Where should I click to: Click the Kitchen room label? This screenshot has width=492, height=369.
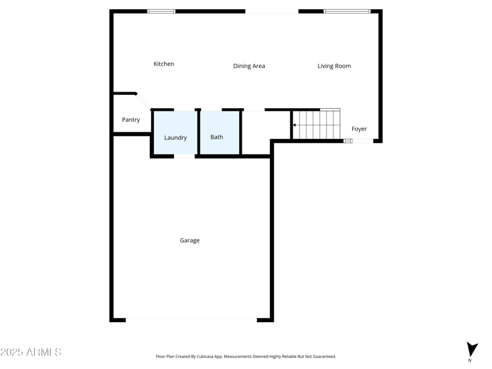click(164, 64)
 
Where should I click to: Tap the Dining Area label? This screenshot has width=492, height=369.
click(249, 66)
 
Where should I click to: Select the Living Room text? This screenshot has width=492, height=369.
click(334, 66)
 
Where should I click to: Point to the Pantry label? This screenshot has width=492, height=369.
click(130, 120)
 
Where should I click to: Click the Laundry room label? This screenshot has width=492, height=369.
click(175, 138)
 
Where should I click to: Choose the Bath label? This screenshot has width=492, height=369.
click(216, 137)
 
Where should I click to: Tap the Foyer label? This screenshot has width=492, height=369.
click(359, 129)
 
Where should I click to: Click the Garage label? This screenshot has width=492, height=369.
click(189, 240)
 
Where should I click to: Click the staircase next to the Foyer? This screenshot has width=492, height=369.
click(316, 125)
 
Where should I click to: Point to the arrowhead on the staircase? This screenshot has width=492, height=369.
click(295, 125)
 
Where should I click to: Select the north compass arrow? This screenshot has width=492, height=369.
click(472, 349)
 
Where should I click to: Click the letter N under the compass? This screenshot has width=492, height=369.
click(470, 360)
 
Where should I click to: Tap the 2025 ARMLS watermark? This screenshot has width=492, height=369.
click(31, 352)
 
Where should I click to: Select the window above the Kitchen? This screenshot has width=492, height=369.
click(161, 11)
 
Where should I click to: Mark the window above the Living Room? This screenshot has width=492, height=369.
click(347, 11)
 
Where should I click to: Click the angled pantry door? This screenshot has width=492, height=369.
click(144, 101)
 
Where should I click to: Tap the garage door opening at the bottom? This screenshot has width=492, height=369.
click(191, 319)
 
